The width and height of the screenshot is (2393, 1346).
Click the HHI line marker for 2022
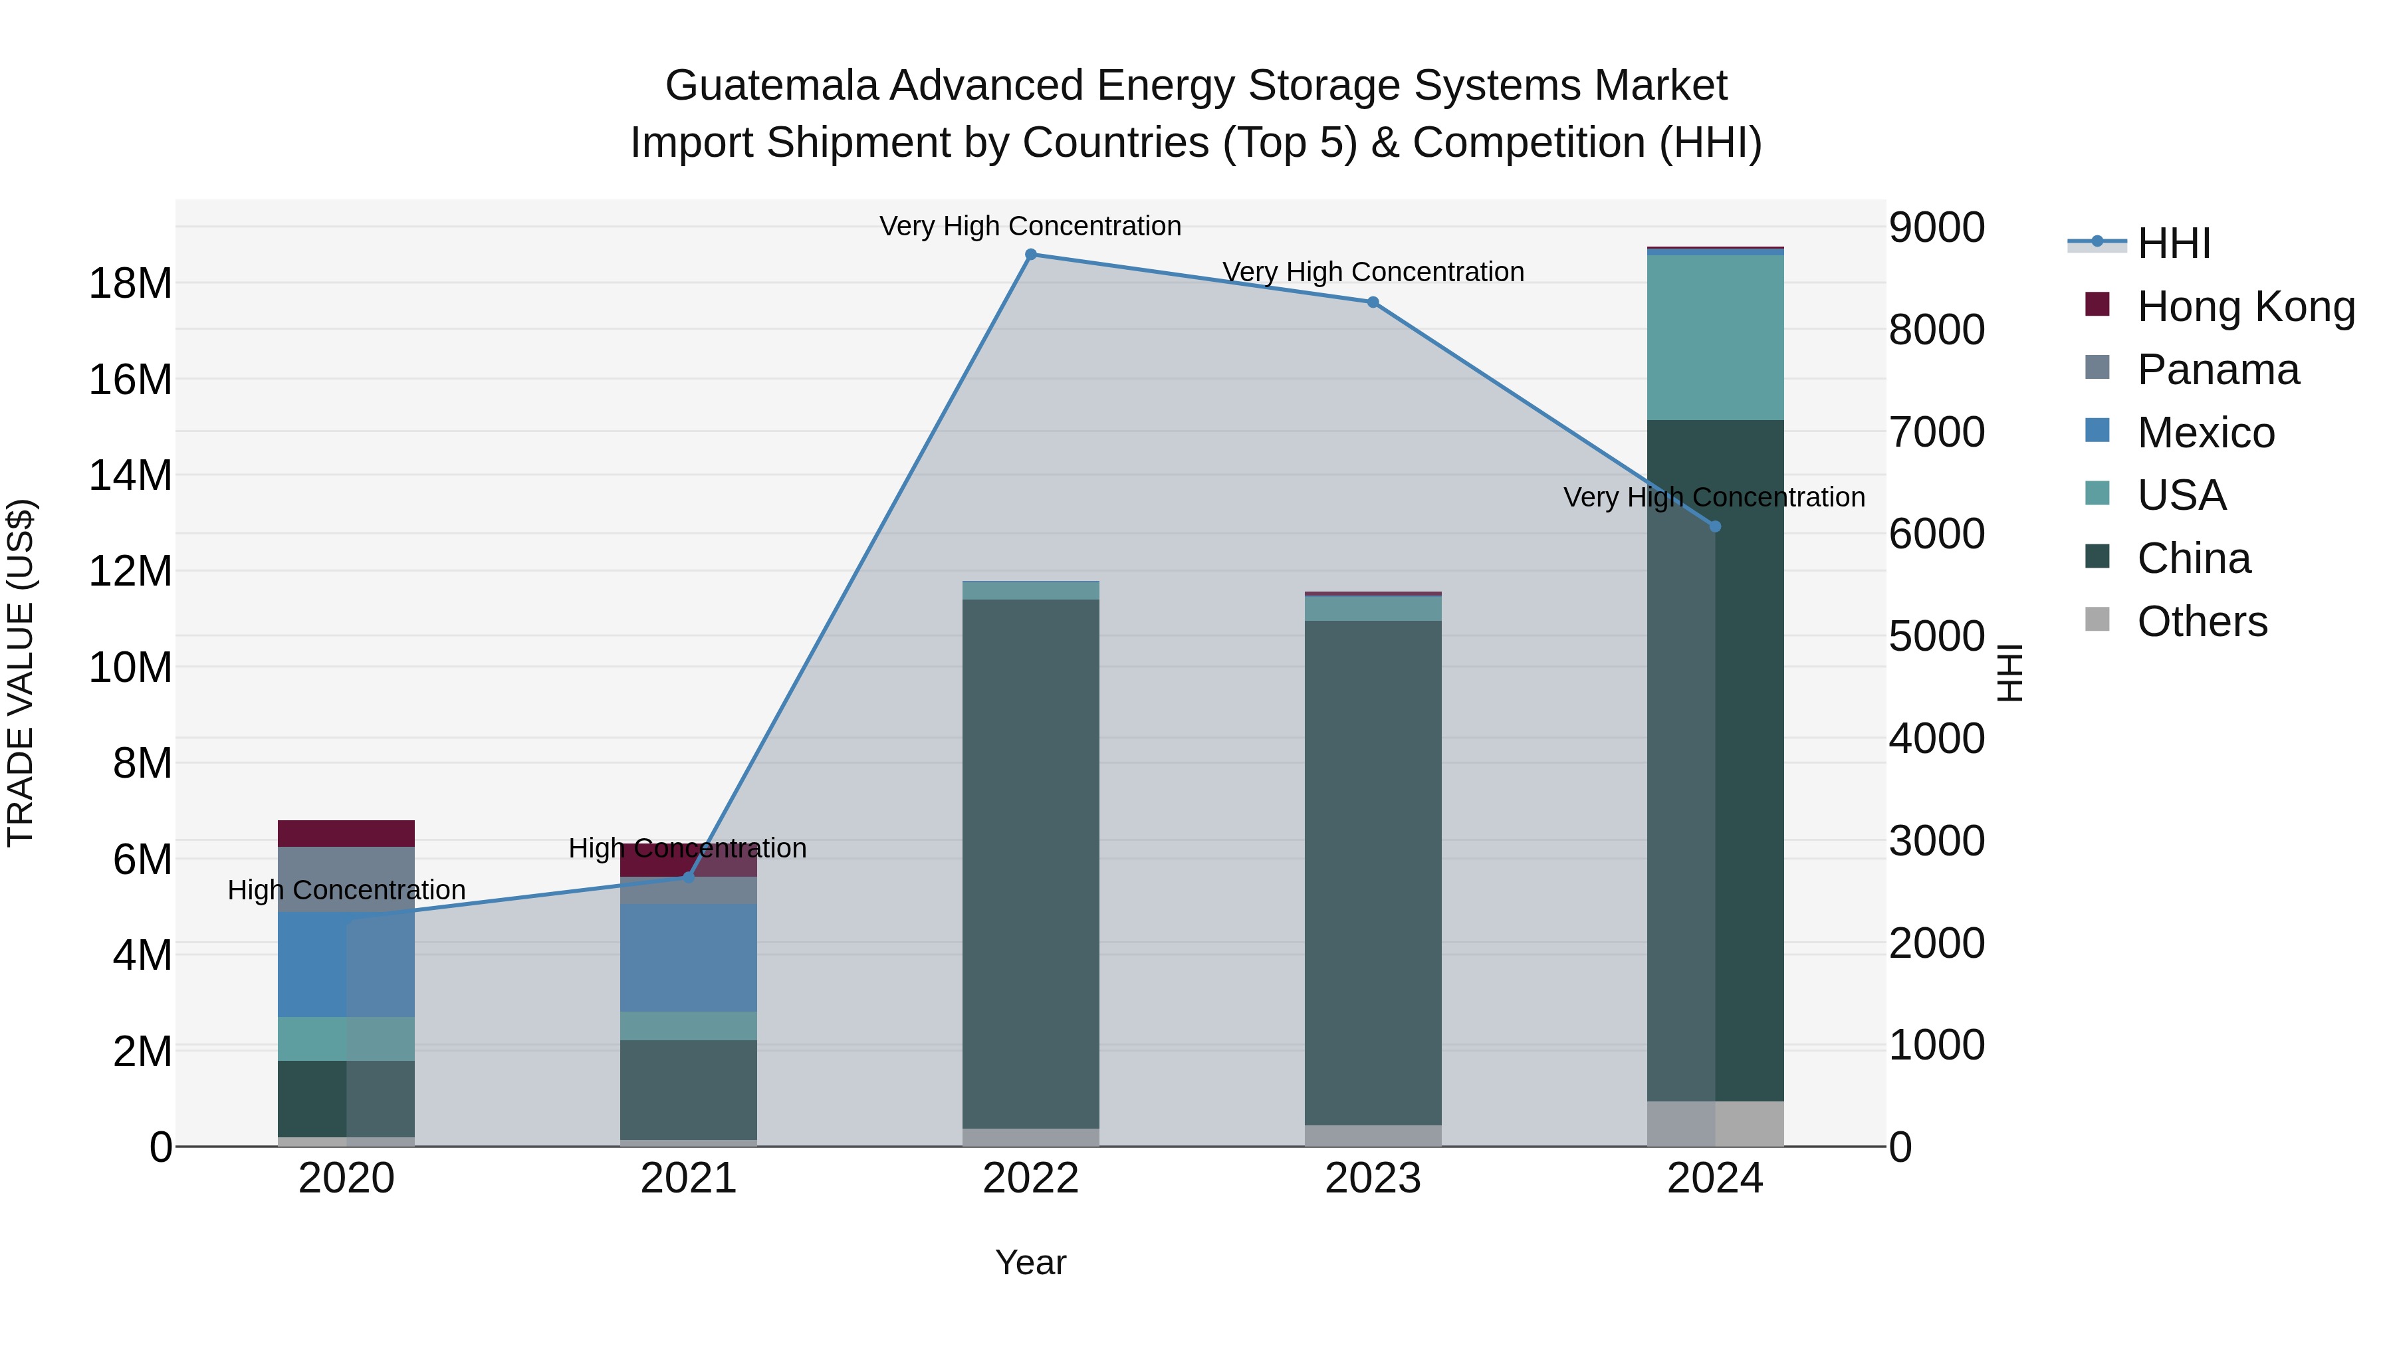click(1030, 255)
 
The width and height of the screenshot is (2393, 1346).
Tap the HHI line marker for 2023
click(1373, 302)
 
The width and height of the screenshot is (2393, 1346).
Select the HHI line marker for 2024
click(1715, 526)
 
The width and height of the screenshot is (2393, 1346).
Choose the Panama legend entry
click(2218, 370)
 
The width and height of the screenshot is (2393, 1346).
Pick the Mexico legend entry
click(2206, 433)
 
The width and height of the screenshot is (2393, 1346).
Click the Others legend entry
click(2202, 621)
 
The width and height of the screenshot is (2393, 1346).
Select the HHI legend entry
click(2173, 243)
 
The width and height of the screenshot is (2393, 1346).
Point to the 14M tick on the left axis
click(130, 476)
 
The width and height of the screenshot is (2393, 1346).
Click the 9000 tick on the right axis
click(1937, 227)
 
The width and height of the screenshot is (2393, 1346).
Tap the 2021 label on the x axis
click(689, 1178)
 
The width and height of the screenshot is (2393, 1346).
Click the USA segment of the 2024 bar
click(1715, 337)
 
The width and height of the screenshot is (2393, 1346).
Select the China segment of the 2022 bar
click(1030, 864)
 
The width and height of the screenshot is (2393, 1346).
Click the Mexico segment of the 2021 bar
click(689, 956)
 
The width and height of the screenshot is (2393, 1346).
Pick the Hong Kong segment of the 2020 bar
click(346, 834)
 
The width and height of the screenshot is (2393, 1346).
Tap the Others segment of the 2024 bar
click(1715, 1124)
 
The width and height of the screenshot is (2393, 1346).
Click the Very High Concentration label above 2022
click(1030, 226)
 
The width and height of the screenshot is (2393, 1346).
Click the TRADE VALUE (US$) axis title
click(21, 673)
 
